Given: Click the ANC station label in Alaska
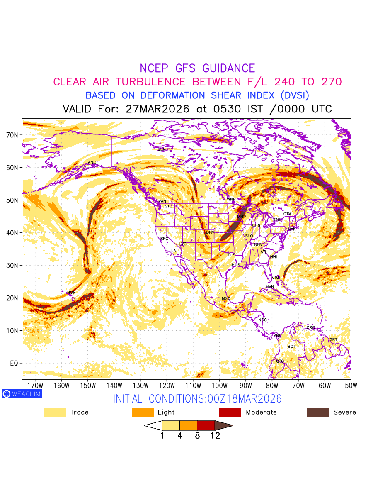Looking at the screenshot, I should point(92,162).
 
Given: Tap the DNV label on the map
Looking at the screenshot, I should point(210,232).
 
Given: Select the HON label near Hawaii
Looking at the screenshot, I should point(71,293).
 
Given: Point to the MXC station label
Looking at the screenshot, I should point(226,299).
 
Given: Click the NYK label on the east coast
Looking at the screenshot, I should point(292,229).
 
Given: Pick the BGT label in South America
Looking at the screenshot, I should point(291,347).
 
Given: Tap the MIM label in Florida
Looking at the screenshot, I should point(276,278).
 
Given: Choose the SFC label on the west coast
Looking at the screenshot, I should point(164,239).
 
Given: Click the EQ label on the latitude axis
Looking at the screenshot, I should point(14,364).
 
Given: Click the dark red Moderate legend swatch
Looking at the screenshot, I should point(230,412).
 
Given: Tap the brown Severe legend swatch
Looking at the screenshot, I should point(318,412).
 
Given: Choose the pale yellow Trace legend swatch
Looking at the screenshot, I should point(55,412).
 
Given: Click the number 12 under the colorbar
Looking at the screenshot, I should point(215,436).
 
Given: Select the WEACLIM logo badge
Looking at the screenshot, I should point(22,394).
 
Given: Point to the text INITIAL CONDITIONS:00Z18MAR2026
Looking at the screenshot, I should point(197,399).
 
